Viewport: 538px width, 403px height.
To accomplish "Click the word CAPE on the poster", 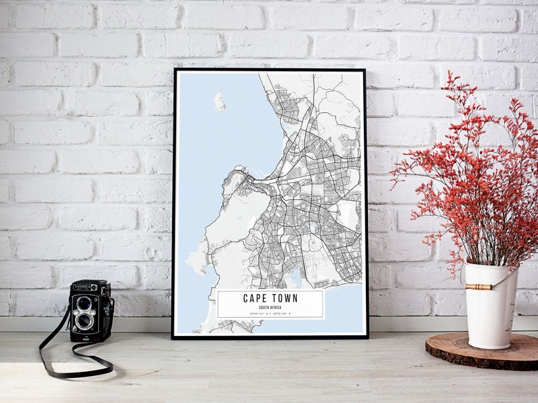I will tap(256, 298).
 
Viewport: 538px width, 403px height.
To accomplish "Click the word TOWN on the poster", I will tap(285, 298).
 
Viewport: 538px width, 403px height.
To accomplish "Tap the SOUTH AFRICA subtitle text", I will tap(270, 308).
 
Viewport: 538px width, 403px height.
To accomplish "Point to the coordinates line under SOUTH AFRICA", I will tap(270, 314).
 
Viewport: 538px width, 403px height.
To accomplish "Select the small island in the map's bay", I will tap(219, 101).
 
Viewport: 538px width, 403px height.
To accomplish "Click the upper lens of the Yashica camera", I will tap(84, 303).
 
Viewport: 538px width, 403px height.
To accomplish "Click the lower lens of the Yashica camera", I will tap(84, 321).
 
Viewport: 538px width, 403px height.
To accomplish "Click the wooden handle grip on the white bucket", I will tap(479, 287).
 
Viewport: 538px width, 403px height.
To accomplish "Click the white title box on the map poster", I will tap(270, 304).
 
